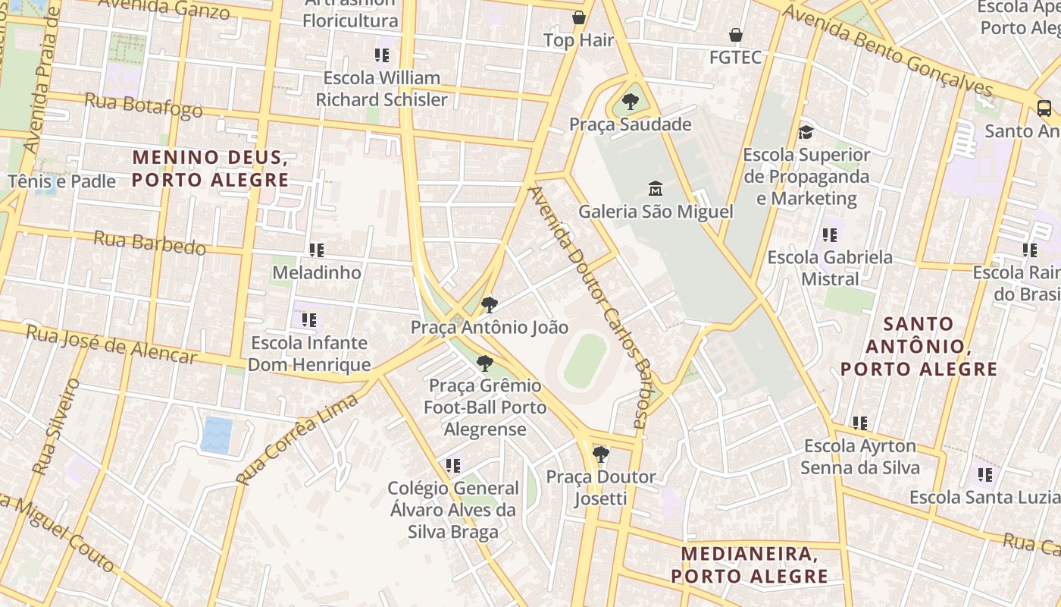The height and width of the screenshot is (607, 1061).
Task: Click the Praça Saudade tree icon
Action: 630,102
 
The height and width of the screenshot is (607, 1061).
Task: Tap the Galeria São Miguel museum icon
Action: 656,188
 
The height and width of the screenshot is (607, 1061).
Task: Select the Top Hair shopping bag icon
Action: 579,17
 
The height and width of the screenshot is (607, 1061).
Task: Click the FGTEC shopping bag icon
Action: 735,35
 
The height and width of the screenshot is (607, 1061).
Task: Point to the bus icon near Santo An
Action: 1044,108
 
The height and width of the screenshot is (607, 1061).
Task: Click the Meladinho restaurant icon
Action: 316,250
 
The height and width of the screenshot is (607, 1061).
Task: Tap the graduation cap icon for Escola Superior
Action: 806,132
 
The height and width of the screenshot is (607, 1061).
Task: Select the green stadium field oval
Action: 585,361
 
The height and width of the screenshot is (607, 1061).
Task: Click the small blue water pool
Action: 217,435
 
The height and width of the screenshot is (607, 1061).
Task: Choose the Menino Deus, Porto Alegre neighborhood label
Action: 211,168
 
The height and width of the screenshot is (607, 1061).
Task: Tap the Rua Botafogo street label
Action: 143,105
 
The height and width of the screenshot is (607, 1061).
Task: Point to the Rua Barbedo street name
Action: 149,243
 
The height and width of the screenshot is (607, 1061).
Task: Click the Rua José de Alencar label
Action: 111,344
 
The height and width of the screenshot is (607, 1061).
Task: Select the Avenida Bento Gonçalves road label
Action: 887,51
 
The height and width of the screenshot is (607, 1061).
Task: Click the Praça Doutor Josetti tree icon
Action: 601,454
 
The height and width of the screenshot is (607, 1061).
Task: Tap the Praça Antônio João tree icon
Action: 490,305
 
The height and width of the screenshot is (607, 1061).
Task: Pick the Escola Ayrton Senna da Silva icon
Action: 859,423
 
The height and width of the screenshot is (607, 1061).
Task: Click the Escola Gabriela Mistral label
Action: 830,268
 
